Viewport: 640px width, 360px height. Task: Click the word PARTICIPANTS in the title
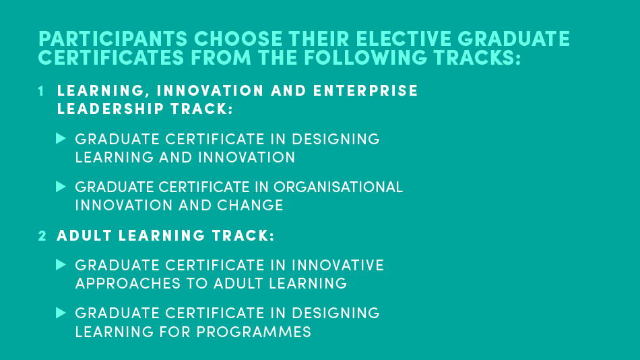click(x=113, y=39)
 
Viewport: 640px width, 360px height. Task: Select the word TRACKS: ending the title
click(x=477, y=57)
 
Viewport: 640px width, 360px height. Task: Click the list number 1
click(x=41, y=91)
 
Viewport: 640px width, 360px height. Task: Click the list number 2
click(x=42, y=236)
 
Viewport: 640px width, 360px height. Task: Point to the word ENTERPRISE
click(x=366, y=91)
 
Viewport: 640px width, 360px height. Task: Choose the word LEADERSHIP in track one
click(x=110, y=109)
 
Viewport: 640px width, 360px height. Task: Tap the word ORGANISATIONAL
click(x=338, y=187)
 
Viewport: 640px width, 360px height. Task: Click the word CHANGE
click(x=250, y=205)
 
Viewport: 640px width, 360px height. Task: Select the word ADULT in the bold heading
click(x=84, y=236)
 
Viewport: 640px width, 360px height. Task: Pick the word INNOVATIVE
click(x=338, y=265)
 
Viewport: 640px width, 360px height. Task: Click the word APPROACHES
click(x=128, y=284)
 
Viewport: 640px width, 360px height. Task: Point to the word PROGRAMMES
click(x=254, y=332)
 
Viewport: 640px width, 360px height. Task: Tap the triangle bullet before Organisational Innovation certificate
click(x=61, y=187)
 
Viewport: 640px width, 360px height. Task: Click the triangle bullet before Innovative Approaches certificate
click(x=61, y=265)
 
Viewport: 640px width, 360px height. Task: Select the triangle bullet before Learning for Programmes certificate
click(x=61, y=313)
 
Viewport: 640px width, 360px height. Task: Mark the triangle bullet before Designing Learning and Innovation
click(x=61, y=138)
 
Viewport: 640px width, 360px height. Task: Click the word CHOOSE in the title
click(x=238, y=39)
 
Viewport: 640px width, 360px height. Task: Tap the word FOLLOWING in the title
click(x=366, y=57)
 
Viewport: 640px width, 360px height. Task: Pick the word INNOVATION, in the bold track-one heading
click(x=210, y=91)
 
